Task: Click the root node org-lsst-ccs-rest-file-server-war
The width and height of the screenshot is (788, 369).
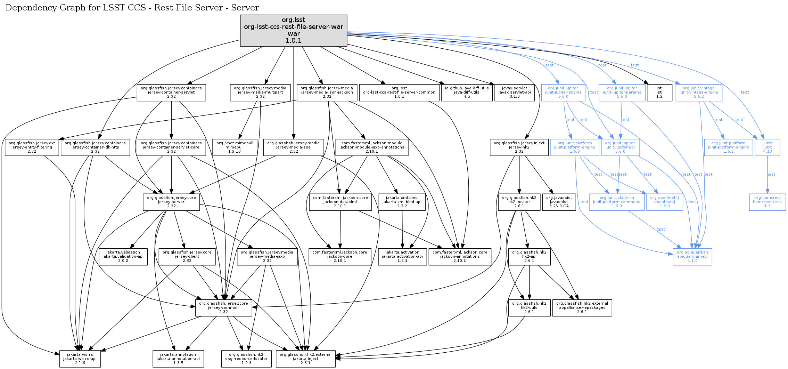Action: tap(294, 30)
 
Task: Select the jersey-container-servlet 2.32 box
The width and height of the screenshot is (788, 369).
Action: tap(171, 93)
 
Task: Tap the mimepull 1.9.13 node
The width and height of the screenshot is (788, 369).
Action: tap(235, 147)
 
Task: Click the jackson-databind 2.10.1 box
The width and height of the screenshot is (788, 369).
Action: tap(340, 202)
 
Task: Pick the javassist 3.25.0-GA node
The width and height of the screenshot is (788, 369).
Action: tap(559, 202)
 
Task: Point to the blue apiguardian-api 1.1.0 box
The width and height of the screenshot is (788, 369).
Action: tap(692, 257)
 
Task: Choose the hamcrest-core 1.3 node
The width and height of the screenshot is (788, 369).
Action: tap(767, 202)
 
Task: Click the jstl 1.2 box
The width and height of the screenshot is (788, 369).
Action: tap(659, 93)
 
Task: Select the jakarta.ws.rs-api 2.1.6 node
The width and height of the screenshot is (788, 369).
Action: tap(80, 359)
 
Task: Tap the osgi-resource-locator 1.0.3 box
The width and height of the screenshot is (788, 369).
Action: tap(246, 359)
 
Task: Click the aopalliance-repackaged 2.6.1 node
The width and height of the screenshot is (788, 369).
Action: tap(582, 308)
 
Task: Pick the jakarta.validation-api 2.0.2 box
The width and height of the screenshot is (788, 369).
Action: tap(123, 257)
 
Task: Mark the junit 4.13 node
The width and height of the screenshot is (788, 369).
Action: tap(767, 147)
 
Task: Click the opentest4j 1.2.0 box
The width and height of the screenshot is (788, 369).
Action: tap(664, 202)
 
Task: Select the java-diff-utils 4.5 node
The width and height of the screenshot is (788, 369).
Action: tap(467, 93)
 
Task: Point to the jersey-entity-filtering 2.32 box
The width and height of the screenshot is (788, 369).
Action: tap(32, 147)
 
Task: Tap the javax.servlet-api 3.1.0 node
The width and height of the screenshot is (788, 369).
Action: tap(514, 93)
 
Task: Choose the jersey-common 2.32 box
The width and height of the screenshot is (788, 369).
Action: tap(223, 308)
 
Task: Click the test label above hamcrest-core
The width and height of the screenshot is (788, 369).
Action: tap(771, 175)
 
